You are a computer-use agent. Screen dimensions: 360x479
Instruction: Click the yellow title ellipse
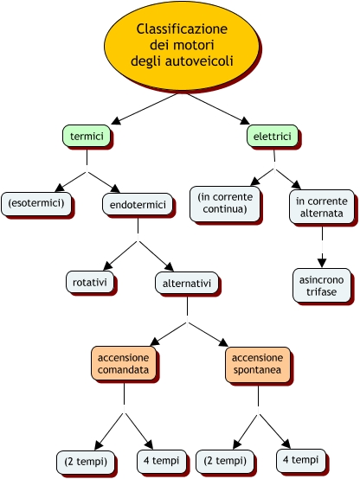[x=182, y=46]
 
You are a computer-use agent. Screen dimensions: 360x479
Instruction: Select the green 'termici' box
[x=87, y=136]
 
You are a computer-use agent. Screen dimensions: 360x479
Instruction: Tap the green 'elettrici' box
[x=273, y=136]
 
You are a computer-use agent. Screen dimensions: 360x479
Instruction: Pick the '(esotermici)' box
[x=36, y=203]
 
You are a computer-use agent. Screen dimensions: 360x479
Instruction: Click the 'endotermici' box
[x=138, y=204]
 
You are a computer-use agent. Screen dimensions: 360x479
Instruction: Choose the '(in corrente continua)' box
[x=225, y=203]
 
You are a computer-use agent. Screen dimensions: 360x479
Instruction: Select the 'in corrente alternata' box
[x=321, y=207]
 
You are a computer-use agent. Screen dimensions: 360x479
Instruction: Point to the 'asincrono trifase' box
[x=321, y=285]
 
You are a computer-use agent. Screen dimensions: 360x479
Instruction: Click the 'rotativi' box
[x=90, y=282]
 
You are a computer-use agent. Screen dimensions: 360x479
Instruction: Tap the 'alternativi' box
[x=187, y=283]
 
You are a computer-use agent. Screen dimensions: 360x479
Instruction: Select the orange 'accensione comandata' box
[x=124, y=363]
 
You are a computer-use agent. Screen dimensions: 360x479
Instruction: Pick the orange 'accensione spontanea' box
[x=258, y=364]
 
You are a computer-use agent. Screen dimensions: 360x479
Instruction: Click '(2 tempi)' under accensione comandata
[x=86, y=462]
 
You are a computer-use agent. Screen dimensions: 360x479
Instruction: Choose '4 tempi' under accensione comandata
[x=161, y=461]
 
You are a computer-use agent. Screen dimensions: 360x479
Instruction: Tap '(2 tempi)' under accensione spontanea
[x=225, y=461]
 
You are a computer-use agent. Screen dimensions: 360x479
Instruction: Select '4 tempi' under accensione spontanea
[x=300, y=460]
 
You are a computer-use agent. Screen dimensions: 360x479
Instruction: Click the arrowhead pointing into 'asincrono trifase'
[x=322, y=263]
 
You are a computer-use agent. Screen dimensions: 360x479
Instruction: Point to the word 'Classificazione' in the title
[x=182, y=29]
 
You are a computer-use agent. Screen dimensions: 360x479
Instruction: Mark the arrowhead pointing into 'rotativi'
[x=108, y=265]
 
